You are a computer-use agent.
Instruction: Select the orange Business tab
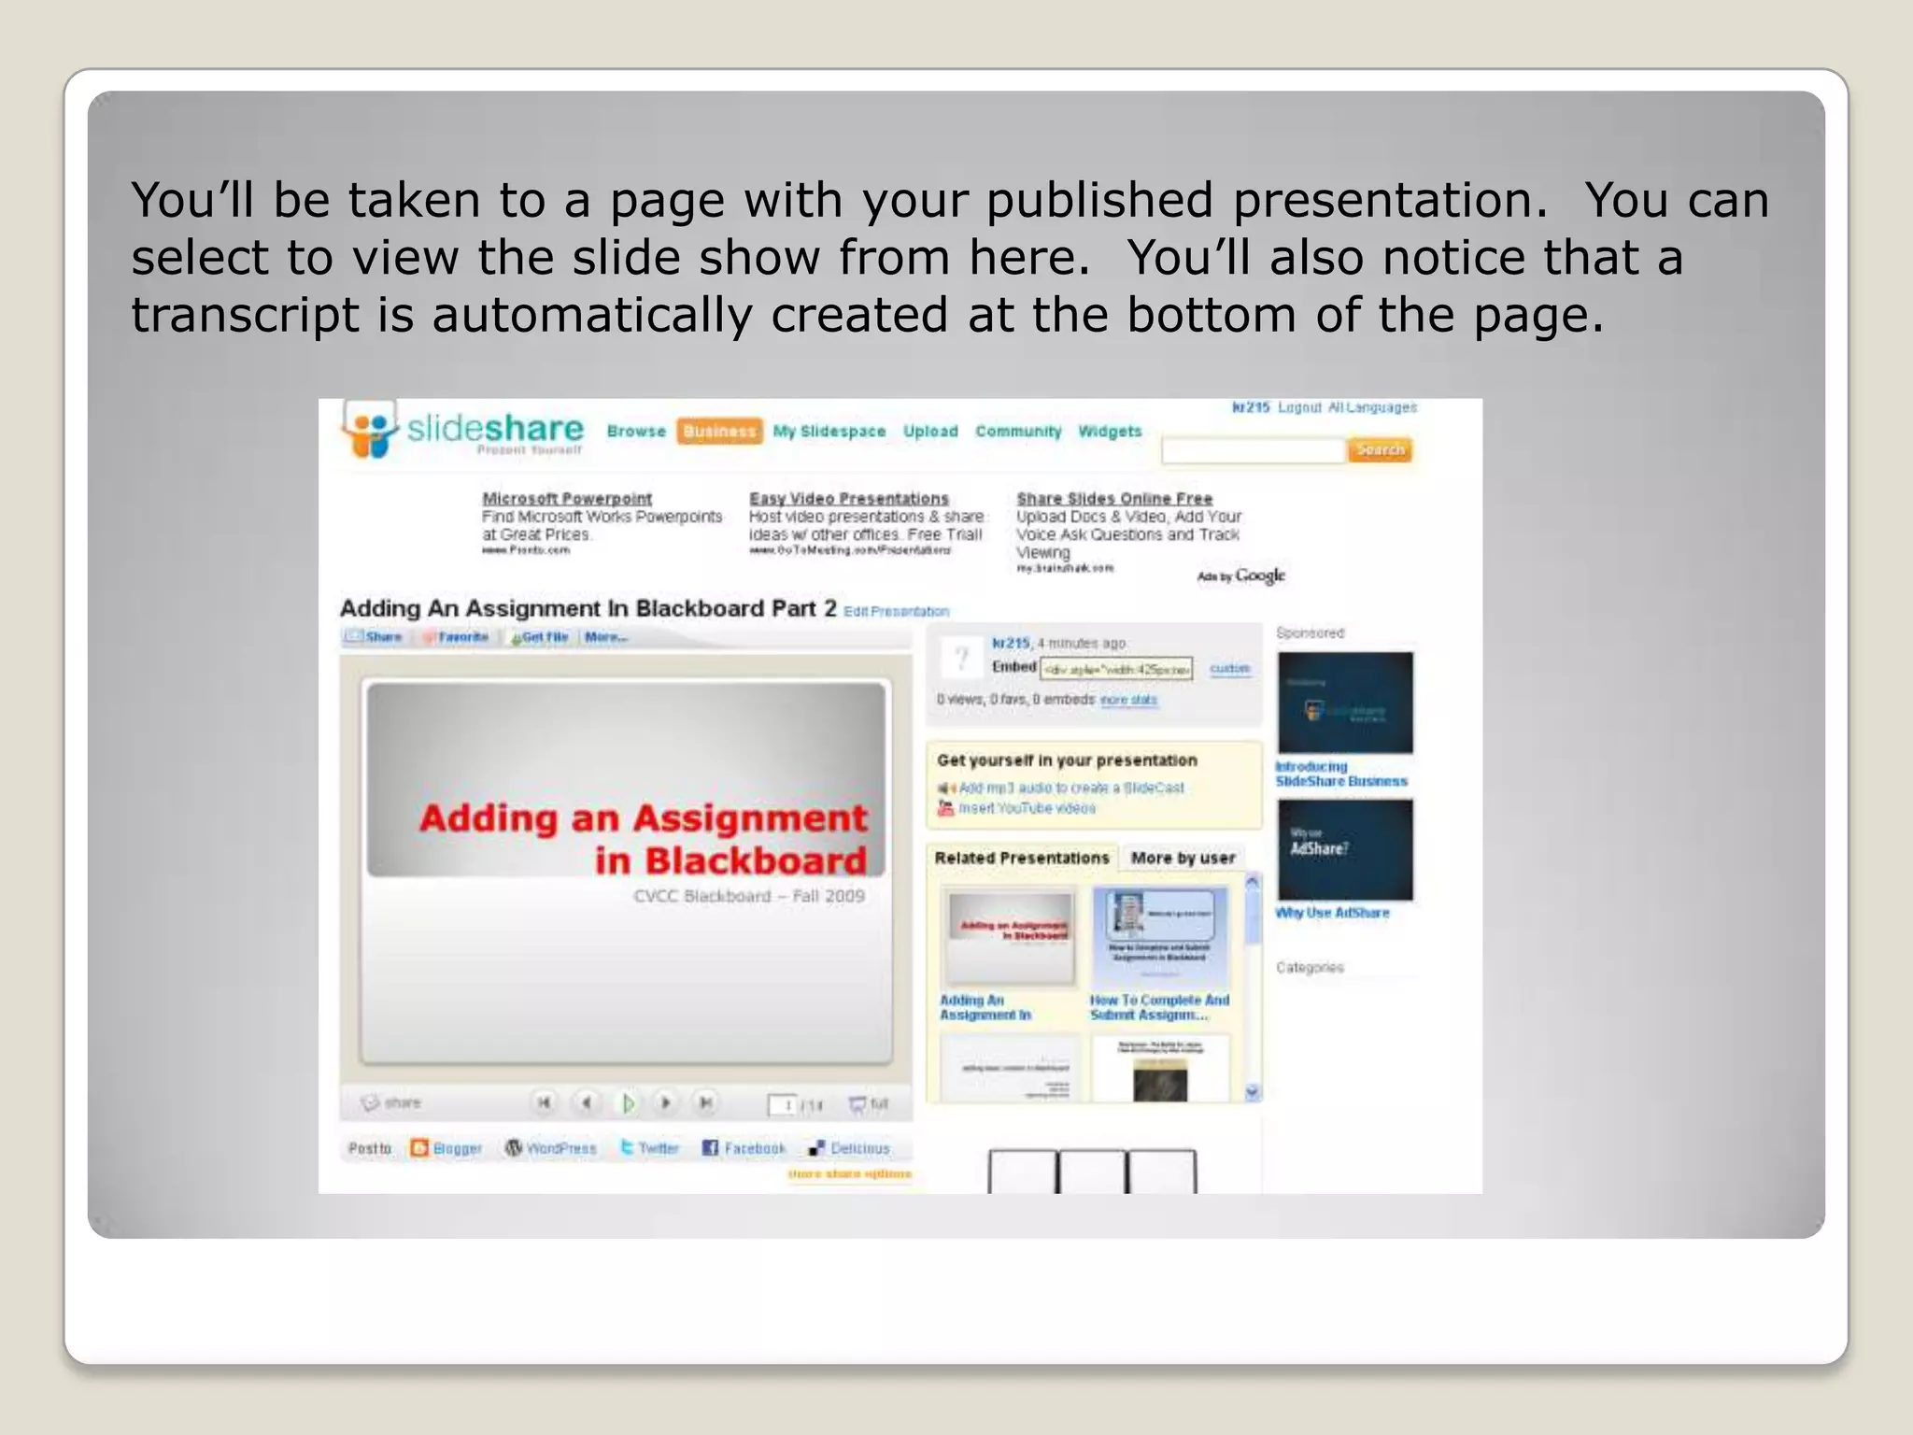pos(719,431)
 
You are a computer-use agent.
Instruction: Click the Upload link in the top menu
pos(930,431)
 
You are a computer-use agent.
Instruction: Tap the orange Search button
pos(1380,449)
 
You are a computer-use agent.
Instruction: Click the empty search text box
pos(1253,451)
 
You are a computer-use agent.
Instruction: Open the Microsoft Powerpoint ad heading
pos(567,498)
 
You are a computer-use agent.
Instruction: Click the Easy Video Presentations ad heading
pos(848,498)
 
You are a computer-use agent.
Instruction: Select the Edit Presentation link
pos(896,611)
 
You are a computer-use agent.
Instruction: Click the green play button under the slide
pos(629,1103)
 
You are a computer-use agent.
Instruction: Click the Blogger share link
pos(447,1148)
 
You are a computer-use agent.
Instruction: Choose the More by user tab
pos(1183,858)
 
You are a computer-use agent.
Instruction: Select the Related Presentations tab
pos(1021,858)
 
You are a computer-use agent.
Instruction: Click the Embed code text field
pos(1116,669)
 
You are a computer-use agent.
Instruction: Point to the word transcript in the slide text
pos(245,315)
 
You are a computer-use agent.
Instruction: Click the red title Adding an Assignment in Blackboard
pos(644,838)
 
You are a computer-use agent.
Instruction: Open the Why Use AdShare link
pos(1332,913)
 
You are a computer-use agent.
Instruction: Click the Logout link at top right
pos(1299,407)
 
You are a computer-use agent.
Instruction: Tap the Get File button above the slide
pos(541,637)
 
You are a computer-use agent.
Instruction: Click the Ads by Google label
pos(1241,575)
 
